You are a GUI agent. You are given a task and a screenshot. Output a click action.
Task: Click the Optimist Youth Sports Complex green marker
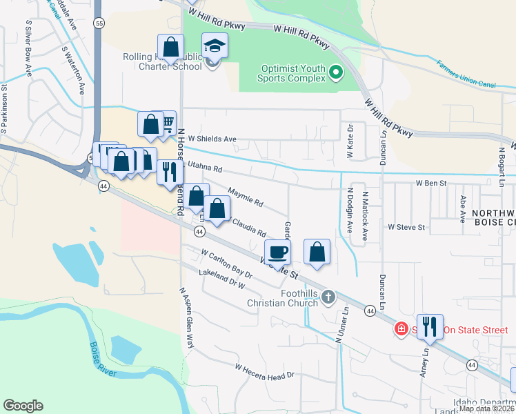(x=336, y=72)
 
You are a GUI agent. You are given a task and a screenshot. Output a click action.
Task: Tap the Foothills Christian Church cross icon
(x=328, y=297)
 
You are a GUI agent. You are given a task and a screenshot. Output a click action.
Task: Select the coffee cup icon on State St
(x=277, y=252)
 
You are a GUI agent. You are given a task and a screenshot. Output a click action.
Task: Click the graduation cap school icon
(x=215, y=47)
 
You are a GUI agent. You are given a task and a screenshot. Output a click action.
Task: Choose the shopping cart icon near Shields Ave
(x=166, y=124)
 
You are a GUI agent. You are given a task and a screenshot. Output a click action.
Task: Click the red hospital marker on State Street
(x=400, y=329)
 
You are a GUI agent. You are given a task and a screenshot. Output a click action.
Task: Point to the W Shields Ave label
(x=208, y=139)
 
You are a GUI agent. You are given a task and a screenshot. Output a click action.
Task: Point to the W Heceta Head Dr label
(x=264, y=371)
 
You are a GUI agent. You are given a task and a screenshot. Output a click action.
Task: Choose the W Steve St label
(x=408, y=226)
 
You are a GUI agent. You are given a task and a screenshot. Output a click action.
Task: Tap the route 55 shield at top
(x=100, y=23)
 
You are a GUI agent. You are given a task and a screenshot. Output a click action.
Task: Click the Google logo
(x=23, y=406)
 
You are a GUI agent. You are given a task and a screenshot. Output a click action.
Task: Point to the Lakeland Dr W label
(x=222, y=279)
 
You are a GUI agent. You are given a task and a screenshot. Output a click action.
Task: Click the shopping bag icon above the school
(x=171, y=48)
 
